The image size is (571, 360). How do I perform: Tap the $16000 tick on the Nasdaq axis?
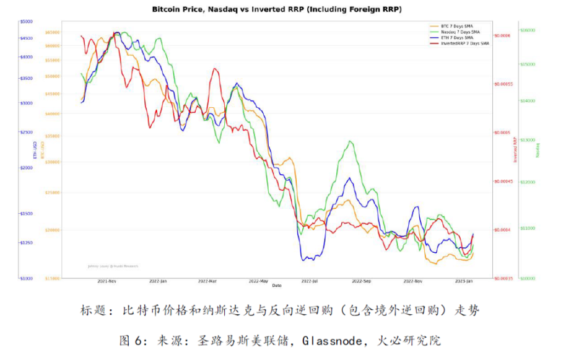[x=527, y=30]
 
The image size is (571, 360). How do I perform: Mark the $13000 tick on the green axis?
[x=527, y=140]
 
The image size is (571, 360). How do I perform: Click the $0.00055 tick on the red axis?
[x=506, y=84]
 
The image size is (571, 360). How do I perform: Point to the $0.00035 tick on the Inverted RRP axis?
[x=506, y=278]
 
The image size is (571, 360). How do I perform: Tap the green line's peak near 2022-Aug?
[x=351, y=141]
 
